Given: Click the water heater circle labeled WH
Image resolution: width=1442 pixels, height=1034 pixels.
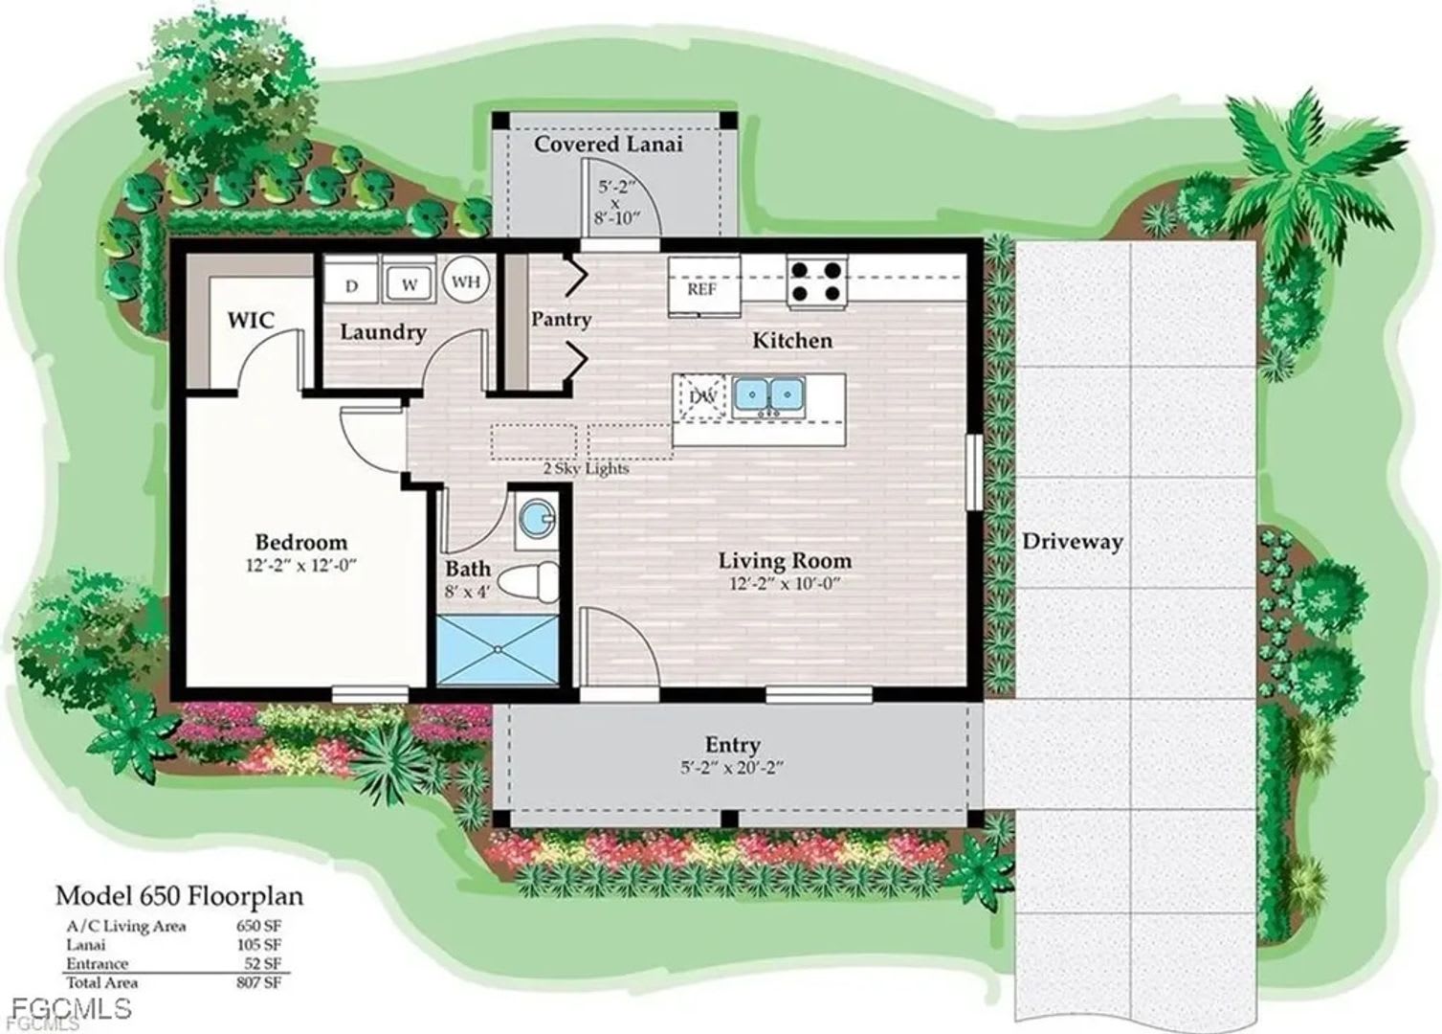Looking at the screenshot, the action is pos(466,281).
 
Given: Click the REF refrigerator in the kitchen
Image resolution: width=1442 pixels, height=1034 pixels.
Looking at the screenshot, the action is pos(703,286).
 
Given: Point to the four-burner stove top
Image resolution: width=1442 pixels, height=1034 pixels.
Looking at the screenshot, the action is pos(817,282).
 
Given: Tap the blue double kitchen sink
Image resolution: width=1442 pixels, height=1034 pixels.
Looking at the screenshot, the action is pos(769,394).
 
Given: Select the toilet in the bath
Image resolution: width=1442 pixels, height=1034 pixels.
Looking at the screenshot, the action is pos(529,582).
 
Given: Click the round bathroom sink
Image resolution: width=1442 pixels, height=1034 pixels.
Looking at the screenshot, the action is pos(536,521).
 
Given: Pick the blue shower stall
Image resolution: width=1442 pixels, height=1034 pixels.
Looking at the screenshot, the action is pos(498,650).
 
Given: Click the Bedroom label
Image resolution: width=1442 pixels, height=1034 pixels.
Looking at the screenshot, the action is pos(301,542).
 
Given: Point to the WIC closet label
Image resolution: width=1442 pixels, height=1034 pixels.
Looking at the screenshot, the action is pos(251,320).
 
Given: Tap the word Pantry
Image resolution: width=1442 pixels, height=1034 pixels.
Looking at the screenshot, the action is pos(562,320).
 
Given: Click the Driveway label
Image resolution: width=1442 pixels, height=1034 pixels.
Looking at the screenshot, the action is pos(1073,542).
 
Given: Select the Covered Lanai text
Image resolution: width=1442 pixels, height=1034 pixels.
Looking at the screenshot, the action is pos(609,144).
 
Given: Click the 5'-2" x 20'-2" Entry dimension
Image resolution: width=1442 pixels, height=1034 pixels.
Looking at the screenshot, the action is pos(733,768).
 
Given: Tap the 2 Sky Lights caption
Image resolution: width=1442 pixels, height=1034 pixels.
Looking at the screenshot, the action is pos(586,468).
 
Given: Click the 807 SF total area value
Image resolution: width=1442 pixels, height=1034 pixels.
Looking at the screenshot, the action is pos(258,983).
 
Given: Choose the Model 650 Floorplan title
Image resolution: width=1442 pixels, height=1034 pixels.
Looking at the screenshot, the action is pos(179,897).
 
